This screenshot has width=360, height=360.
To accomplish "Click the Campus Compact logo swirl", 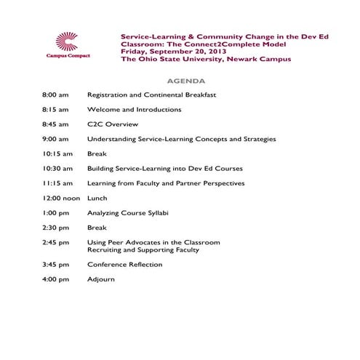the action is pyautogui.click(x=67, y=41).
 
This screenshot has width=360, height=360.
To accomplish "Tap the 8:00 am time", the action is pyautogui.click(x=55, y=95).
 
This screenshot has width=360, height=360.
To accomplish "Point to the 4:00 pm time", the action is pyautogui.click(x=55, y=279).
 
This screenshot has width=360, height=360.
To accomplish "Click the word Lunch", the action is pyautogui.click(x=97, y=198).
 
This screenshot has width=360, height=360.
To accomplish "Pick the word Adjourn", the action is pyautogui.click(x=101, y=279).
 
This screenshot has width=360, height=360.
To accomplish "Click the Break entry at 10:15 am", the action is pyautogui.click(x=97, y=153).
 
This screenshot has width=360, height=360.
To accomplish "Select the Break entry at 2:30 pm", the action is pyautogui.click(x=97, y=228).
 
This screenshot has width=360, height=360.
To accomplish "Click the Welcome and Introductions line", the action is pyautogui.click(x=134, y=110).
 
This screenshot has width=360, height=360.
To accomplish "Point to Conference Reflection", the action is pyautogui.click(x=124, y=265).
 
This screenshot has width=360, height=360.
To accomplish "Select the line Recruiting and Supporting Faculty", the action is pyautogui.click(x=143, y=249).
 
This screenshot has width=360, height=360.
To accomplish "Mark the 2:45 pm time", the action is pyautogui.click(x=55, y=242).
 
